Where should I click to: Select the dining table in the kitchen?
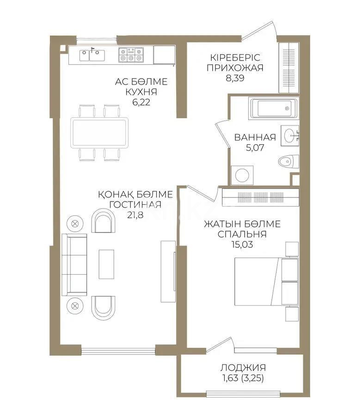pos(99,132)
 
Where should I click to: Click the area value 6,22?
pos(142,103)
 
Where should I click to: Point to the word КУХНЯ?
pos(142,92)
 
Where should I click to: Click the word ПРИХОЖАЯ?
pos(235,68)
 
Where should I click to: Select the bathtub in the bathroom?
pos(272,109)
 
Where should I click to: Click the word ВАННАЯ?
pos(255,137)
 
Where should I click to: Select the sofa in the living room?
pos(74,264)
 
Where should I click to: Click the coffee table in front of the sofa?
pos(106,264)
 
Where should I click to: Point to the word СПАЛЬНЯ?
pos(242,234)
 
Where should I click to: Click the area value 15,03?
pos(242,245)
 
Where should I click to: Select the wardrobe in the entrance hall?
pos(288,67)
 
